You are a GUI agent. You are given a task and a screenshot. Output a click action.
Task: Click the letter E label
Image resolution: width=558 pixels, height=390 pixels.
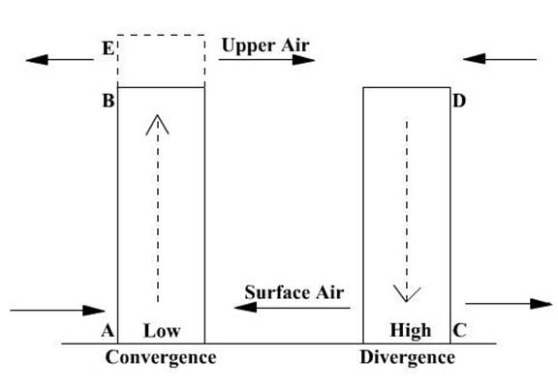(x=108, y=48)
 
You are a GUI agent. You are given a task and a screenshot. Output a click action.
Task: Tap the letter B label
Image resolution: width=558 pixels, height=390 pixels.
(x=108, y=101)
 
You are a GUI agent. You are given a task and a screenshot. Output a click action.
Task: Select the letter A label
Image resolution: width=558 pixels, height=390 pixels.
(x=108, y=331)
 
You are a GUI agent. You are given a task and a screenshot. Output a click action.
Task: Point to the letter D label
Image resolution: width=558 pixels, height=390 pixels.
(x=459, y=101)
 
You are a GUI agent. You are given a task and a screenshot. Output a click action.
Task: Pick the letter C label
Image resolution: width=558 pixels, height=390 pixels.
(x=459, y=330)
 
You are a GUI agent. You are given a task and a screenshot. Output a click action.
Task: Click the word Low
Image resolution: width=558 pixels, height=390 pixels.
(x=162, y=331)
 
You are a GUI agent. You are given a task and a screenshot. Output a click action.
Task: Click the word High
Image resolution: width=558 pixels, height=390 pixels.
(x=411, y=331)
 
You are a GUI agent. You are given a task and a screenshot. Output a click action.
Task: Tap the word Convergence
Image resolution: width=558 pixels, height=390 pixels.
(x=161, y=357)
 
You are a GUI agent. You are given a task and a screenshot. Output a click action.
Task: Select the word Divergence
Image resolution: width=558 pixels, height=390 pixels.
(x=408, y=357)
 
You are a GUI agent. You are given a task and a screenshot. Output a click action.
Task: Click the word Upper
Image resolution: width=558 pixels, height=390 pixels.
(x=248, y=45)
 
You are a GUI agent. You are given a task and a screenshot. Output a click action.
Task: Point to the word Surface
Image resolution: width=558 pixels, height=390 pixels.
(x=273, y=292)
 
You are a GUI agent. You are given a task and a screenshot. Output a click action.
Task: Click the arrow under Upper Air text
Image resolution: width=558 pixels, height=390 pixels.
(x=266, y=60)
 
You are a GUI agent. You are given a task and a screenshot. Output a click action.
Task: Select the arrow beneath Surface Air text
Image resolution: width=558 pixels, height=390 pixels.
(x=293, y=308)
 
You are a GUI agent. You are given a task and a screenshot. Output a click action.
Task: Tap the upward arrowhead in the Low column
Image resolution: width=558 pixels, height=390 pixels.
(x=157, y=124)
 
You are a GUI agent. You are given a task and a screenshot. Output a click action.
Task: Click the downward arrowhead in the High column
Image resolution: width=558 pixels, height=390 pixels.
(x=407, y=293)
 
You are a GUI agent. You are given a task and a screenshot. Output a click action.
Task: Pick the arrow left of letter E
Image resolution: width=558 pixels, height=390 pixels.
(x=59, y=60)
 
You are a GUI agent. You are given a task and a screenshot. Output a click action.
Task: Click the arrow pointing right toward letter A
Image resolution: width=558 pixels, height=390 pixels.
(x=57, y=311)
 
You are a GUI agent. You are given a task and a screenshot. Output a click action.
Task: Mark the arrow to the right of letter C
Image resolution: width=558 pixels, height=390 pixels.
(x=509, y=304)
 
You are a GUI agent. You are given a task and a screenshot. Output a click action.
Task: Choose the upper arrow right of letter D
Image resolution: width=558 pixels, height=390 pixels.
(x=500, y=59)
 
